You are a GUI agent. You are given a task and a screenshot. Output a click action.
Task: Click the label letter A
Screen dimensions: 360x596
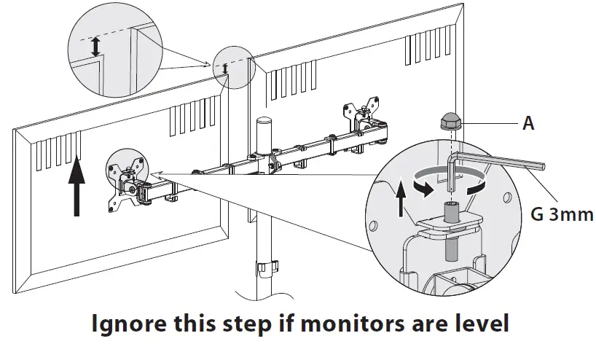pyautogui.click(x=528, y=124)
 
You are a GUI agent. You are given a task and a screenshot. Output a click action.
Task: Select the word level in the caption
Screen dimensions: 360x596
pyautogui.click(x=477, y=324)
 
